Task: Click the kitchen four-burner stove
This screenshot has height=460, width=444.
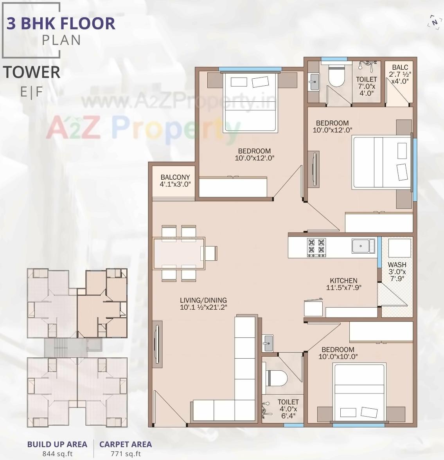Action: click(x=316, y=247)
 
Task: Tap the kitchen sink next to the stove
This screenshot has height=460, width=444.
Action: click(x=363, y=246)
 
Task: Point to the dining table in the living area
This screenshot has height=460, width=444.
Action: click(x=179, y=253)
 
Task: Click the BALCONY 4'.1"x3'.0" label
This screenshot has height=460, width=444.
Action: click(x=175, y=180)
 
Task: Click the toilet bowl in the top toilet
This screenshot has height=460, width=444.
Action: click(x=336, y=77)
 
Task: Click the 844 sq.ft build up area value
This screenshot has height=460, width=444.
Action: click(x=57, y=454)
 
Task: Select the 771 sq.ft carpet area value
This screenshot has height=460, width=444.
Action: click(x=126, y=454)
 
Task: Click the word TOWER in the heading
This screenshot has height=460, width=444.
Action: click(x=32, y=72)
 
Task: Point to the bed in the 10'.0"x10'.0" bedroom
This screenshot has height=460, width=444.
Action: click(x=359, y=392)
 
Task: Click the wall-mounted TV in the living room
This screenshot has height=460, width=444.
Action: click(x=157, y=345)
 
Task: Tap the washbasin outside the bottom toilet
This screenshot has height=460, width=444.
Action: click(x=268, y=343)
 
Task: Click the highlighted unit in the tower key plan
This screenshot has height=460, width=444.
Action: click(x=102, y=303)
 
